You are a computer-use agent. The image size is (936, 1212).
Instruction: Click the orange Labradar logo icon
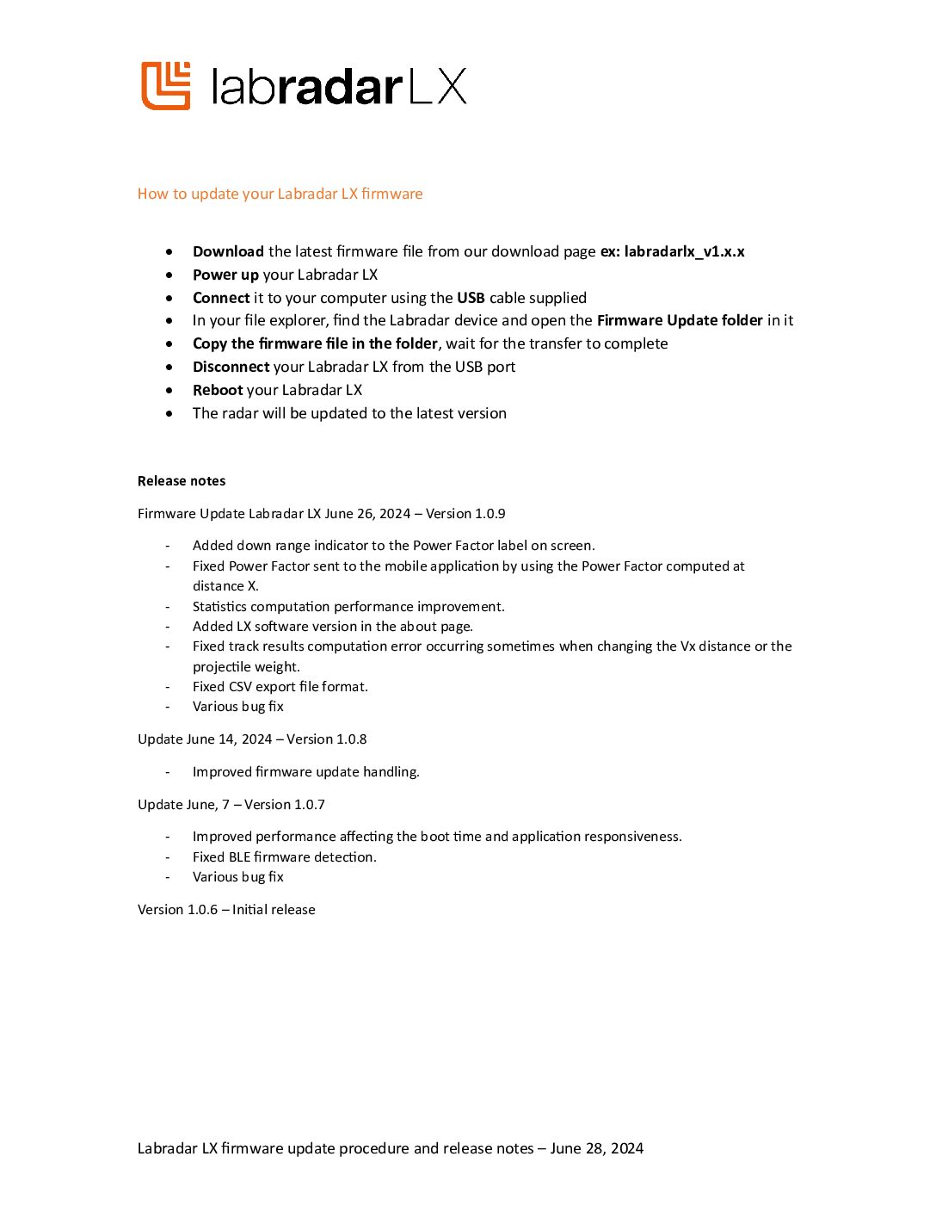point(165,86)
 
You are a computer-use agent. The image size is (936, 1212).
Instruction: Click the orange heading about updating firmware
point(280,194)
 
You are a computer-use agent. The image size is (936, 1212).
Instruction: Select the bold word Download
point(228,251)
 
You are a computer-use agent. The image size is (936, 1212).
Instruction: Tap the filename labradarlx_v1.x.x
point(684,251)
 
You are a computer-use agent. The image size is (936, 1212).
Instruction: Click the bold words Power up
point(225,275)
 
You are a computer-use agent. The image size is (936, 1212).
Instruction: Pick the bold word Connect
point(221,298)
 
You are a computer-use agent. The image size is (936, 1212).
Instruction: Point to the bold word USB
point(471,298)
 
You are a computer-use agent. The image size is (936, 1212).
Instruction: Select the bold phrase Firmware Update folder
point(680,320)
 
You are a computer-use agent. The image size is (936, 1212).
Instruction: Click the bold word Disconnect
point(231,367)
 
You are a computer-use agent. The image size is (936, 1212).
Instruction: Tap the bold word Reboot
point(218,390)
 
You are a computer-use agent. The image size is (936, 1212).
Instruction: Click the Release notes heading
point(182,481)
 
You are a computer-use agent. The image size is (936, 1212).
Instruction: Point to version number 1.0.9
point(490,514)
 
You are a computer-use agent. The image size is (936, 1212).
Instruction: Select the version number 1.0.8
point(350,739)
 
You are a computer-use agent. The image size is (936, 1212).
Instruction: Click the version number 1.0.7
point(309,805)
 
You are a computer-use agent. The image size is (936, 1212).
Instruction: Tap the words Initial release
point(274,910)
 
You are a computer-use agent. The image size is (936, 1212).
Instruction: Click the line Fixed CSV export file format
point(280,687)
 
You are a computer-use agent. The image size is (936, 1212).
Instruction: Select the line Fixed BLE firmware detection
point(285,857)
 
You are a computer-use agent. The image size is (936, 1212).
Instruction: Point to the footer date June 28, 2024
point(597,1148)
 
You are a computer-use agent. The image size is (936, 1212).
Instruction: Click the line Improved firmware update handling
point(306,772)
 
